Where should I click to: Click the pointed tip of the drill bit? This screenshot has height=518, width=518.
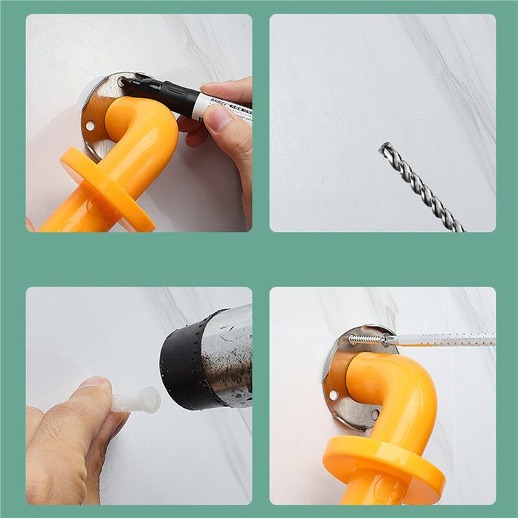(382, 148)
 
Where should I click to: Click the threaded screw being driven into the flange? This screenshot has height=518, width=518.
(366, 339)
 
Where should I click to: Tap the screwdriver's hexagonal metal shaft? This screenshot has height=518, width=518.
(447, 339)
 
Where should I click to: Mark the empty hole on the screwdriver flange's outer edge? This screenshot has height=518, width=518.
(333, 394)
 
